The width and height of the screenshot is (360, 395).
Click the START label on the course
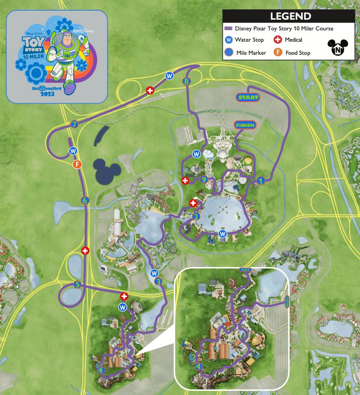(x=247, y=97)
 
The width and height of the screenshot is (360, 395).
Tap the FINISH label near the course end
(x=245, y=125)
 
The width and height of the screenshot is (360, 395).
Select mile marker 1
(x=261, y=179)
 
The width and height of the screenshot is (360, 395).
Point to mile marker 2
(x=196, y=216)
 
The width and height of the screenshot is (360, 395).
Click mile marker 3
(x=158, y=282)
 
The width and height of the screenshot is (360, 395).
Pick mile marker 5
(x=78, y=284)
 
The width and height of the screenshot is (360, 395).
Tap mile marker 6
(x=85, y=200)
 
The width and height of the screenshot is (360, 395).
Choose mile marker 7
(x=74, y=125)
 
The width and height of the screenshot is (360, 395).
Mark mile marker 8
(x=187, y=82)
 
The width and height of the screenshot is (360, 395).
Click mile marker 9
(x=203, y=179)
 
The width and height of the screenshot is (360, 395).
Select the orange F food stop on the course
(x=78, y=164)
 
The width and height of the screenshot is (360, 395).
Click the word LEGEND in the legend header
(x=290, y=16)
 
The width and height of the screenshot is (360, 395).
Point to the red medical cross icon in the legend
(x=277, y=40)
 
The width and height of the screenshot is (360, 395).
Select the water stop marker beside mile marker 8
(x=169, y=75)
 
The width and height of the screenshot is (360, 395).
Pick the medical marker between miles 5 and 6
(x=85, y=251)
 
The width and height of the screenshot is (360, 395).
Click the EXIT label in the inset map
(x=245, y=270)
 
